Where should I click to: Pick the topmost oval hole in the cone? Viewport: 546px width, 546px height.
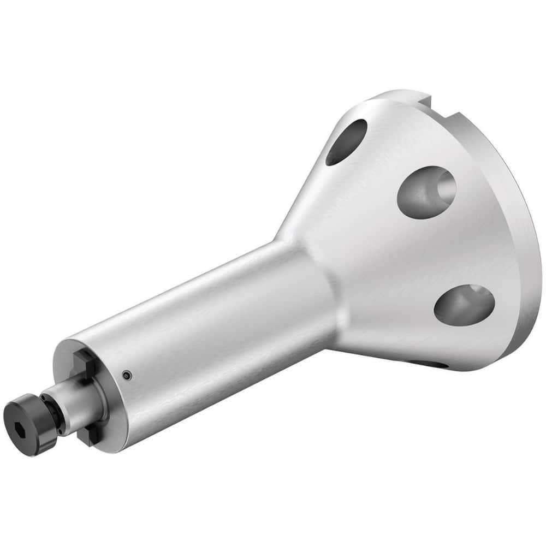pos(346,141)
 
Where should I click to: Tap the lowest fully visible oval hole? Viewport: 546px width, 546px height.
pos(464,302)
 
